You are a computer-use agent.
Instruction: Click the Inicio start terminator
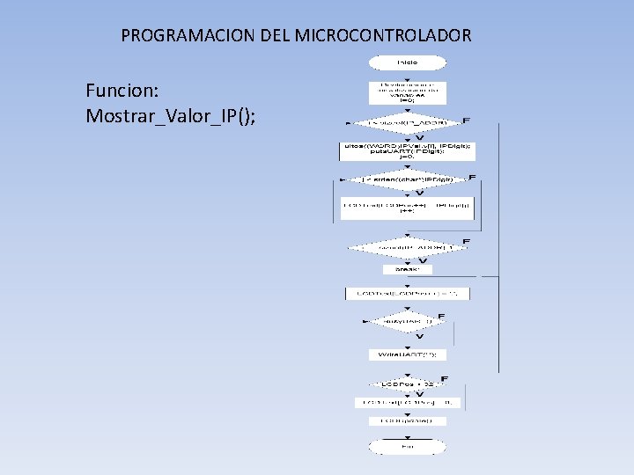click(407, 62)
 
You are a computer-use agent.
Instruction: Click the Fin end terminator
click(407, 447)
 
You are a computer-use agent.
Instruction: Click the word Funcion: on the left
click(122, 91)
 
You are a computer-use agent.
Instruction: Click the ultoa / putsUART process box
click(407, 150)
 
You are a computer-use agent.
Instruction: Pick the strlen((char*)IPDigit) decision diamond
click(407, 179)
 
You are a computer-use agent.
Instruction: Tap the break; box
click(407, 269)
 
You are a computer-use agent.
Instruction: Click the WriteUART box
click(407, 354)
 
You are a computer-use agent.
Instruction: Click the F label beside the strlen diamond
click(472, 179)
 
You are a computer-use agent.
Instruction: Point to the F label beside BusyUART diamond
click(441, 317)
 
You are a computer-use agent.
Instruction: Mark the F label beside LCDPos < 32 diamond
click(444, 379)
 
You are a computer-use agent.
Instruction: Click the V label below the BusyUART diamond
click(419, 337)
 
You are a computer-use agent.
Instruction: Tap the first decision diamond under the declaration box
click(407, 122)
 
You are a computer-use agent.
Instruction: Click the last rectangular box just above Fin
click(407, 421)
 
